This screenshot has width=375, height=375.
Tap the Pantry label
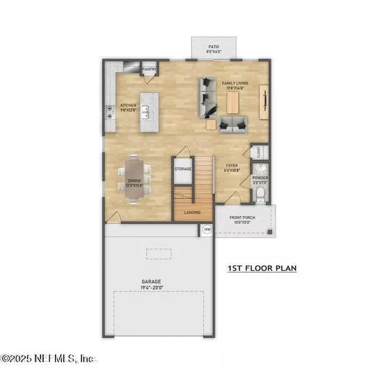tap(149, 69)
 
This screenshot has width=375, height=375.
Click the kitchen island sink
tap(144, 112)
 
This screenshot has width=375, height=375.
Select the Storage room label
tap(182, 169)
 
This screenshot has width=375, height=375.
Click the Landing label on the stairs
tap(192, 212)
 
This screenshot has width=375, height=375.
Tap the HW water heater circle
tap(206, 230)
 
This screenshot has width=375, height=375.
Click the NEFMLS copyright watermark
tap(48, 359)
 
